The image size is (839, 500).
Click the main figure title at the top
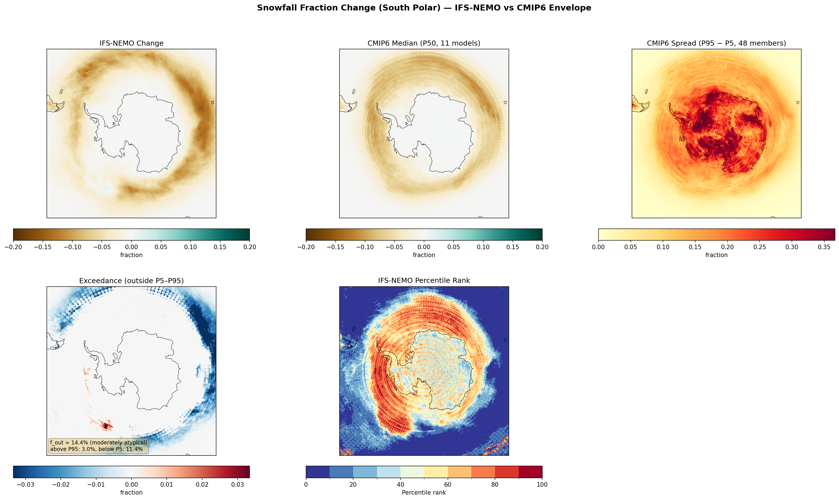424,8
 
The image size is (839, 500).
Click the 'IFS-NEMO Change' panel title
131,43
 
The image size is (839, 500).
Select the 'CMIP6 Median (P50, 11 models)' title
424,43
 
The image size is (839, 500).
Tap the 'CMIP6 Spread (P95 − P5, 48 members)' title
716,43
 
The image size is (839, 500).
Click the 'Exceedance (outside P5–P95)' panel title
131,281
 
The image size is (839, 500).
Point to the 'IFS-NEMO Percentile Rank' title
424,280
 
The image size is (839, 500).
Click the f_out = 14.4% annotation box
98,446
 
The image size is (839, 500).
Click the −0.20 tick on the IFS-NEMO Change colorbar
14,247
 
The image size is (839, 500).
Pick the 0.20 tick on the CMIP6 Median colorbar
542,247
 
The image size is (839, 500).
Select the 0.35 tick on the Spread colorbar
824,247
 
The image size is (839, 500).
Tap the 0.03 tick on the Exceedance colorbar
237,484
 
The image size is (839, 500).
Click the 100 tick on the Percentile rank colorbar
542,484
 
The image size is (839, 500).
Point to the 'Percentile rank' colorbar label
424,493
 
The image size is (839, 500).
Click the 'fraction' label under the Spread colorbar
716,255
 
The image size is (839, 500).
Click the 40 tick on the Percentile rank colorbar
400,484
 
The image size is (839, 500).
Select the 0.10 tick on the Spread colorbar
663,247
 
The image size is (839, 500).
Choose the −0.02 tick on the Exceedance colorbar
61,484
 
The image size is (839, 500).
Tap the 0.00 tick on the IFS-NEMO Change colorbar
131,247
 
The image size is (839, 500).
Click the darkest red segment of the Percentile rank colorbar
530,472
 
